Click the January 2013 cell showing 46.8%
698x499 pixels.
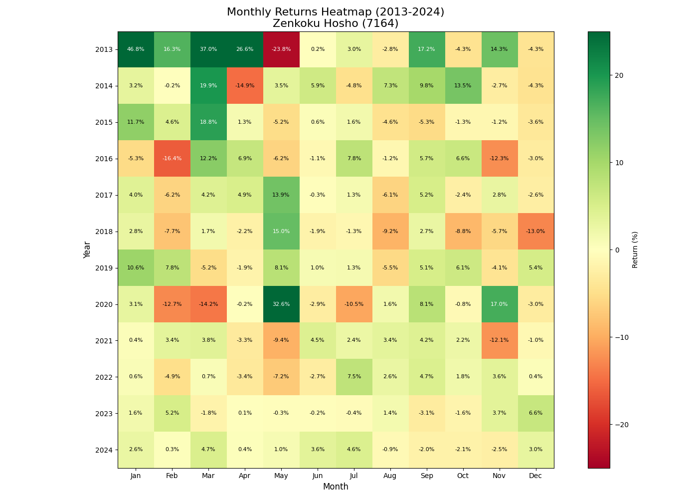click(136, 49)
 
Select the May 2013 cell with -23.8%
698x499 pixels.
click(281, 49)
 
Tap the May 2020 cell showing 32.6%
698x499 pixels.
click(281, 304)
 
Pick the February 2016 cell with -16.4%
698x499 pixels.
click(172, 159)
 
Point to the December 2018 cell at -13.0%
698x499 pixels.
click(535, 232)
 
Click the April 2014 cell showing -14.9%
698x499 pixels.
click(245, 86)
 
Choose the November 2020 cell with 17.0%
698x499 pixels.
click(499, 304)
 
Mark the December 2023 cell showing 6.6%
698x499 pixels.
click(535, 413)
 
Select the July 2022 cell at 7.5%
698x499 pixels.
click(354, 377)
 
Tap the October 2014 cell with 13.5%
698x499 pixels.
click(463, 86)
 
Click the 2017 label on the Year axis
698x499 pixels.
click(103, 195)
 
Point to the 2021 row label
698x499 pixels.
click(103, 341)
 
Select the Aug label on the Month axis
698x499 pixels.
click(390, 476)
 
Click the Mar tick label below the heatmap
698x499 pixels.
click(208, 476)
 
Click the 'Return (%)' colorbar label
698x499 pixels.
click(635, 249)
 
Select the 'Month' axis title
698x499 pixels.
click(336, 487)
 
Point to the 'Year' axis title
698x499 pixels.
click(87, 249)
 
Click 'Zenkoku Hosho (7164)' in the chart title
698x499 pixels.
click(336, 23)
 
